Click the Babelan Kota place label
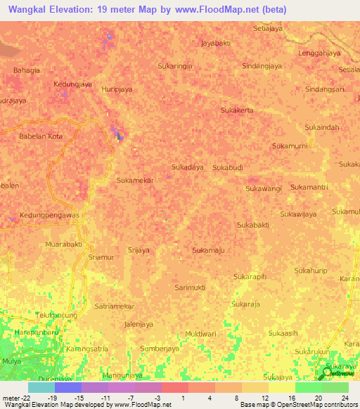tap(41, 136)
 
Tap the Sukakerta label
tap(237, 110)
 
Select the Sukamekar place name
tap(135, 180)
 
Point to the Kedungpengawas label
tap(49, 215)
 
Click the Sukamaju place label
tap(208, 249)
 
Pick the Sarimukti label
tap(190, 287)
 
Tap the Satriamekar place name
tap(114, 306)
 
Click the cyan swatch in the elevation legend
tap(41, 387)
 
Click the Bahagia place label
tap(27, 70)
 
